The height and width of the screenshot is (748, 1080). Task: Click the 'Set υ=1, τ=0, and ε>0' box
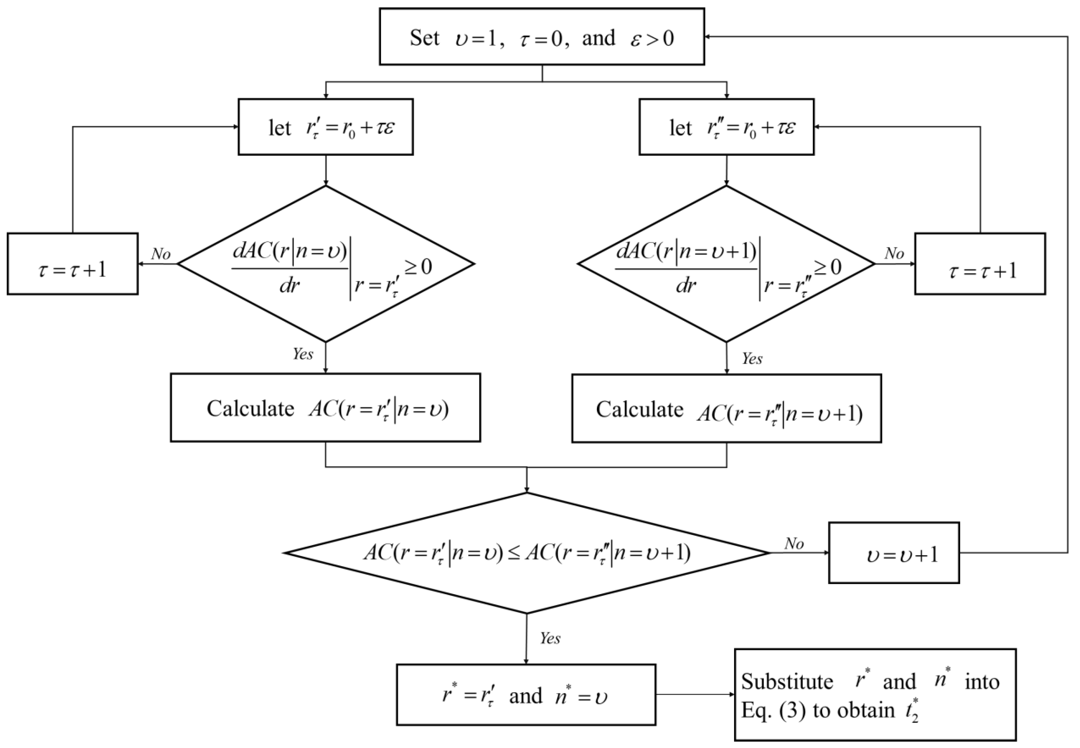pyautogui.click(x=542, y=37)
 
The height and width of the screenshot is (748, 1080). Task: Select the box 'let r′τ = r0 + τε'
pyautogui.click(x=325, y=127)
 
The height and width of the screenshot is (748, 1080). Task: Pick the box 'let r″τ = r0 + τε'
pyautogui.click(x=726, y=127)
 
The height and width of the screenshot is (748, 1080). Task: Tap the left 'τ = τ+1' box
pyautogui.click(x=73, y=264)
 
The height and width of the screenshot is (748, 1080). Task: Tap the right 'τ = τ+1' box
pyautogui.click(x=980, y=264)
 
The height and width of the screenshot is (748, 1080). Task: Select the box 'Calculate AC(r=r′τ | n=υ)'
pyautogui.click(x=325, y=407)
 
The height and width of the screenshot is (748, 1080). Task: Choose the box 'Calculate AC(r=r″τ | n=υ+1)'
pyautogui.click(x=726, y=408)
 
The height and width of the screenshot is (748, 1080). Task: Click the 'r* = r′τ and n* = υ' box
pyautogui.click(x=526, y=694)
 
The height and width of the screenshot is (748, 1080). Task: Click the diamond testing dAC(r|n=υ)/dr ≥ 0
pyautogui.click(x=325, y=264)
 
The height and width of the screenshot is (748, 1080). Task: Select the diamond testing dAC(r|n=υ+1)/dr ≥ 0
pyautogui.click(x=726, y=264)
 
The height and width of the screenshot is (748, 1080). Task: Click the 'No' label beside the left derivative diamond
pyautogui.click(x=160, y=254)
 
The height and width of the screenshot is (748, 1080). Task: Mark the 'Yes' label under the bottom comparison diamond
pyautogui.click(x=550, y=638)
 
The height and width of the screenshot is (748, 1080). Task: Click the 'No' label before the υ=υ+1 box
pyautogui.click(x=794, y=544)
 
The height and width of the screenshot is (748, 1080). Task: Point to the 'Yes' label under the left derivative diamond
pyautogui.click(x=303, y=354)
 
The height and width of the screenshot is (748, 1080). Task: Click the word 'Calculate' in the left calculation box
pyautogui.click(x=250, y=409)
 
